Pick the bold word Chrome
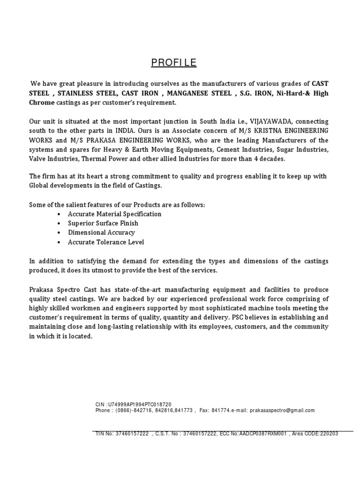point(42,102)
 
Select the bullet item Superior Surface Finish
point(103,223)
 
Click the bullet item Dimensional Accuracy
point(101,232)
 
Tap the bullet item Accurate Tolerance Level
point(106,242)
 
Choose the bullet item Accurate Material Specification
point(115,214)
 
